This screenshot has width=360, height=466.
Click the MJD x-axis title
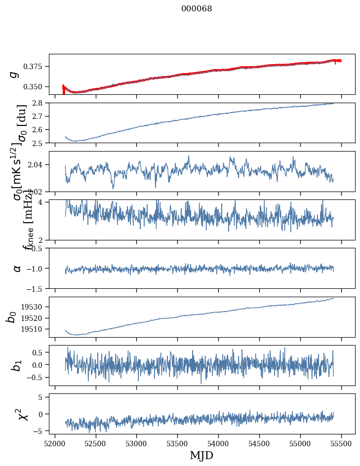[x=201, y=455]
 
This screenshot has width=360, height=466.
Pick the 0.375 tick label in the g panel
[x=36, y=67]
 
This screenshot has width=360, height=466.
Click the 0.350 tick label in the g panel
[x=36, y=87]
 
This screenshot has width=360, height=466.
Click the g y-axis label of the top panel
[x=15, y=74]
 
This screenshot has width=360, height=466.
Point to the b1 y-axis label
[x=16, y=366]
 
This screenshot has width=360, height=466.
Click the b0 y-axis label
[x=11, y=316]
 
